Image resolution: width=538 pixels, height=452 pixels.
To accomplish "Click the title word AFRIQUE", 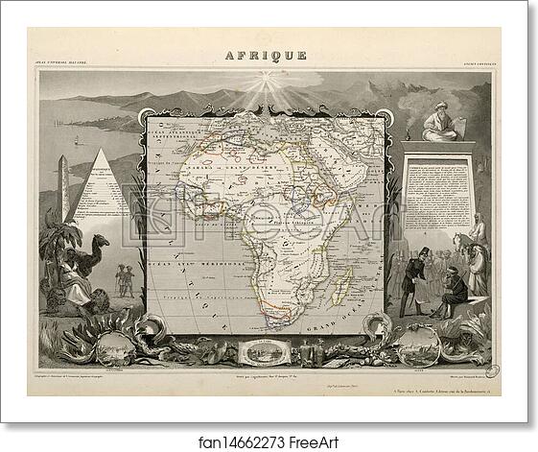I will (269, 56).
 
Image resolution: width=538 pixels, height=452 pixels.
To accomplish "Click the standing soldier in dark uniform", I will (413, 279).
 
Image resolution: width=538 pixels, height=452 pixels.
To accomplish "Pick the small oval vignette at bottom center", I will (263, 350).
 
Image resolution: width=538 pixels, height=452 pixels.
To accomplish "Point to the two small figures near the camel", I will (124, 279).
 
